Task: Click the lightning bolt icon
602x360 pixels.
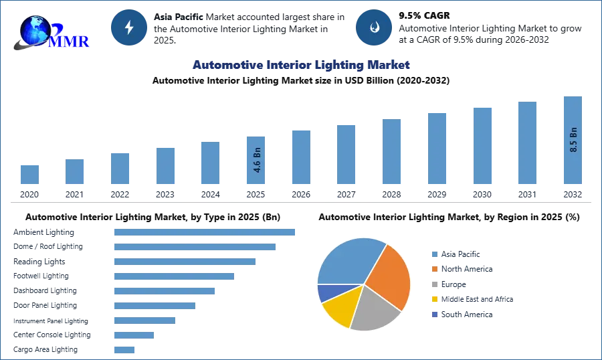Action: tap(129, 27)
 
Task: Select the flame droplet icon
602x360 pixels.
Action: tap(374, 27)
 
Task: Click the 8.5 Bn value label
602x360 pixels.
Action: tap(573, 139)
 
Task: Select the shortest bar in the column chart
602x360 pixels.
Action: tap(29, 173)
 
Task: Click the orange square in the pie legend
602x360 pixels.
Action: tap(434, 269)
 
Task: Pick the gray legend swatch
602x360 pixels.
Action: tap(434, 284)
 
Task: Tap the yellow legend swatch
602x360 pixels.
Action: tap(434, 300)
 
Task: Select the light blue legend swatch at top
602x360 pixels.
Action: tap(434, 254)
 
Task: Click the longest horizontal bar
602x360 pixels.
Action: tap(205, 231)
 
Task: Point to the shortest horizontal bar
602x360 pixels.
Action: tap(125, 349)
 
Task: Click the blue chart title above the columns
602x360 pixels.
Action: tap(300, 66)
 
